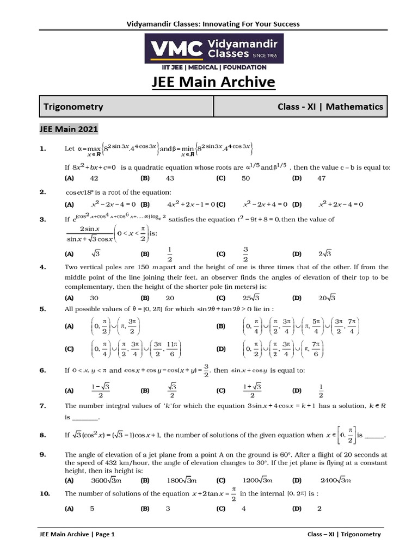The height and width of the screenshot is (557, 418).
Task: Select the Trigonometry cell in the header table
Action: click(73, 107)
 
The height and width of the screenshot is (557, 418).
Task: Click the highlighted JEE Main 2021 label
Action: click(68, 129)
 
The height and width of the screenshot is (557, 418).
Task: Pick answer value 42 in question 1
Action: click(94, 178)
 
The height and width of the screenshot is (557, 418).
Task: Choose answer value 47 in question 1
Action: click(322, 178)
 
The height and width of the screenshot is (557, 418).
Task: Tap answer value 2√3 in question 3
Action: click(325, 253)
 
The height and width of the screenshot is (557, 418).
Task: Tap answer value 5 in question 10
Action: click(93, 509)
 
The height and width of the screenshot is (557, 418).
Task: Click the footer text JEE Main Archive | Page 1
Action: click(77, 534)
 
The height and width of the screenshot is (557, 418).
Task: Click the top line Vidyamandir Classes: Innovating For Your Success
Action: click(209, 24)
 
